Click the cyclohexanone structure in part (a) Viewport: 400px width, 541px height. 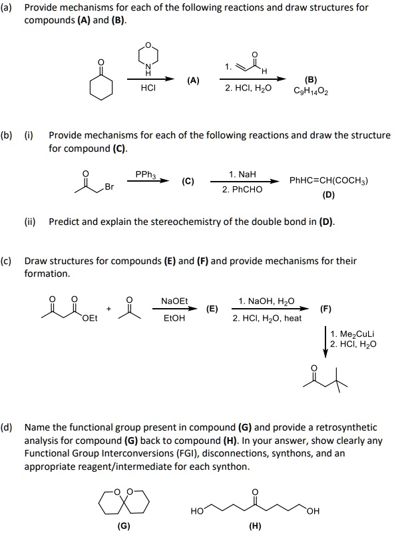[102, 85]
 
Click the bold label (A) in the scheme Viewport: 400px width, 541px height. [193, 81]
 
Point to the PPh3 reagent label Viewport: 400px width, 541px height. [145, 174]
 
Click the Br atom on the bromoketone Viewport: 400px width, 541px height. [109, 188]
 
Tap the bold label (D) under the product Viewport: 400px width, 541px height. [328, 195]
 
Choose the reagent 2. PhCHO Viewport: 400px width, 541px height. [242, 189]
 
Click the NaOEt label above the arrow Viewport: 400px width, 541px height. [174, 301]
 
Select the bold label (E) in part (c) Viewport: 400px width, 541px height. [212, 309]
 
